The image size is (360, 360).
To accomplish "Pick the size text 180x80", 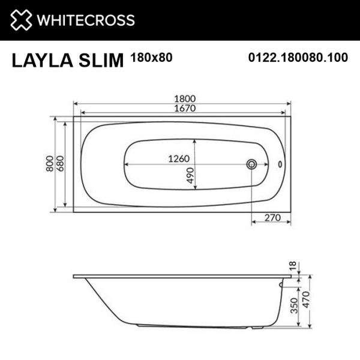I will tap(148, 58).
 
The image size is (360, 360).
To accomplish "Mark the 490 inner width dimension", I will tap(190, 175).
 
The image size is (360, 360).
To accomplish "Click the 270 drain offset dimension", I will tap(272, 219).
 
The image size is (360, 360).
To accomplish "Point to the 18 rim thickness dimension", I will tap(292, 266).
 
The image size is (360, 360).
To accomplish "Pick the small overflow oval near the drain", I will tap(280, 164).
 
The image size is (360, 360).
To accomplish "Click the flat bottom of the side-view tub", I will tap(192, 325).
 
